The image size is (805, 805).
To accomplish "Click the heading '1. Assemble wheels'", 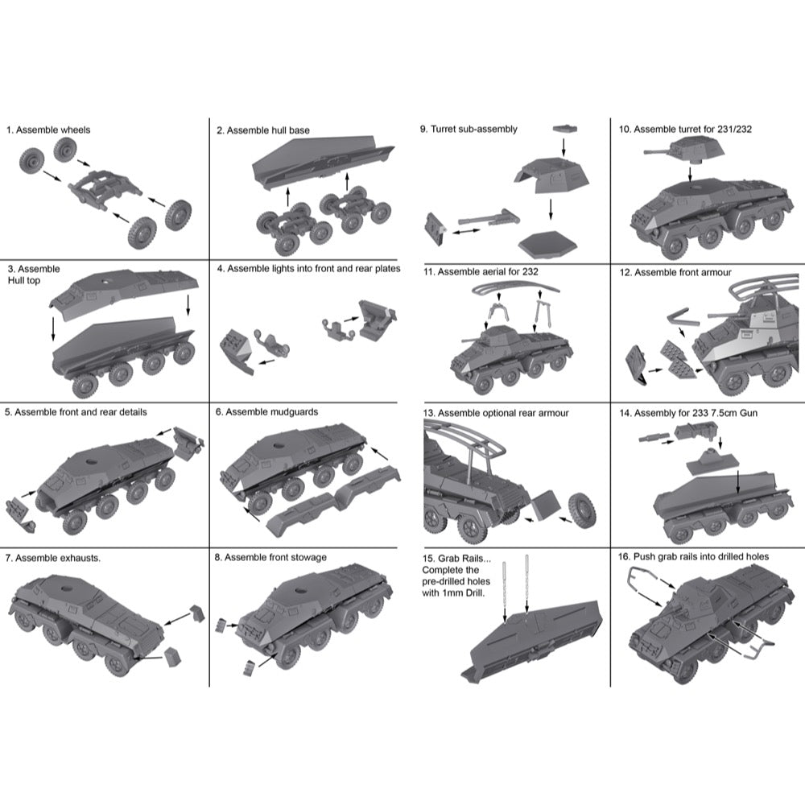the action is coord(48,130).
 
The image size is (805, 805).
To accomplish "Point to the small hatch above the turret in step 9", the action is coord(565,128).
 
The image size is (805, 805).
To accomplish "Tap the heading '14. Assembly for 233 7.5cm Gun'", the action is coord(688,413).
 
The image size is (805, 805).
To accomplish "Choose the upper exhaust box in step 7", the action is coord(197,612).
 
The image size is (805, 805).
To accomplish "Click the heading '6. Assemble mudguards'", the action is coord(266,411).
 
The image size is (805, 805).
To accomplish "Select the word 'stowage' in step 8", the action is coord(308,558).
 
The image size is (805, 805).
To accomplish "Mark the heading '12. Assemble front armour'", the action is coord(675,272).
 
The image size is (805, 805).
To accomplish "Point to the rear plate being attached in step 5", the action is coord(188,441).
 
